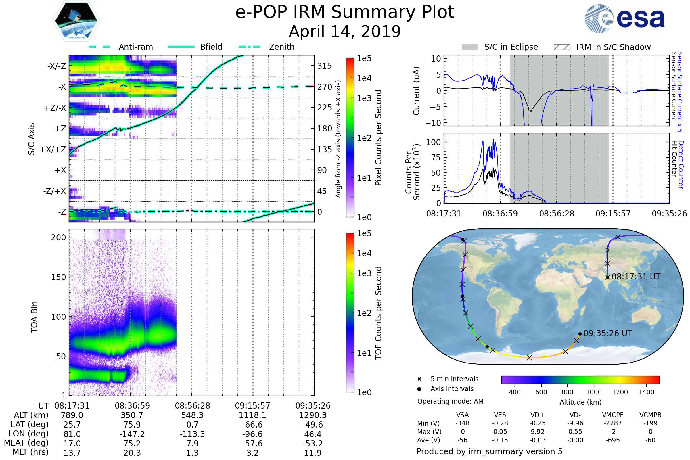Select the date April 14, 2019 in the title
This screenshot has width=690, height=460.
(345, 31)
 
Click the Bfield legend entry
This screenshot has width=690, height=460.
(211, 47)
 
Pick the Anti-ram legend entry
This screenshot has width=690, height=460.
(135, 47)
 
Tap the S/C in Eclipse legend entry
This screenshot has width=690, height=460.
(511, 47)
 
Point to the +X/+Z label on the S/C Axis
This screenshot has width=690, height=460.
(53, 149)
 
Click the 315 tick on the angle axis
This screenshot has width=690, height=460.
(324, 66)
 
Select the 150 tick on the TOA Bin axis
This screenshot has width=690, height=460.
(58, 277)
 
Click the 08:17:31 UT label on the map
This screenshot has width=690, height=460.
(636, 277)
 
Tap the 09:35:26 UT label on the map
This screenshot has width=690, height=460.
(607, 333)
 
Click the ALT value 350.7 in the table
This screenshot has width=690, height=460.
(132, 415)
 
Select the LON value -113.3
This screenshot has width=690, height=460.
(192, 434)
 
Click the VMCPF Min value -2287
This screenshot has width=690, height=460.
(613, 423)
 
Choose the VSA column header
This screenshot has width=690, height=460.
(462, 415)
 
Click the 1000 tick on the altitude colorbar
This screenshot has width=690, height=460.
(594, 392)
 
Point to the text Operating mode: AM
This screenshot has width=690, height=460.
(450, 401)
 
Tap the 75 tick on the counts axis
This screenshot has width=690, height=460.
(436, 158)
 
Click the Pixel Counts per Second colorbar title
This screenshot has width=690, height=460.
(378, 137)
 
